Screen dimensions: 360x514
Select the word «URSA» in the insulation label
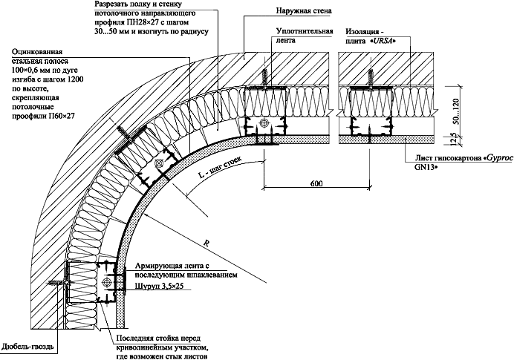point(398,42)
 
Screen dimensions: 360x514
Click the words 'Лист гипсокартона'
point(443,159)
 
